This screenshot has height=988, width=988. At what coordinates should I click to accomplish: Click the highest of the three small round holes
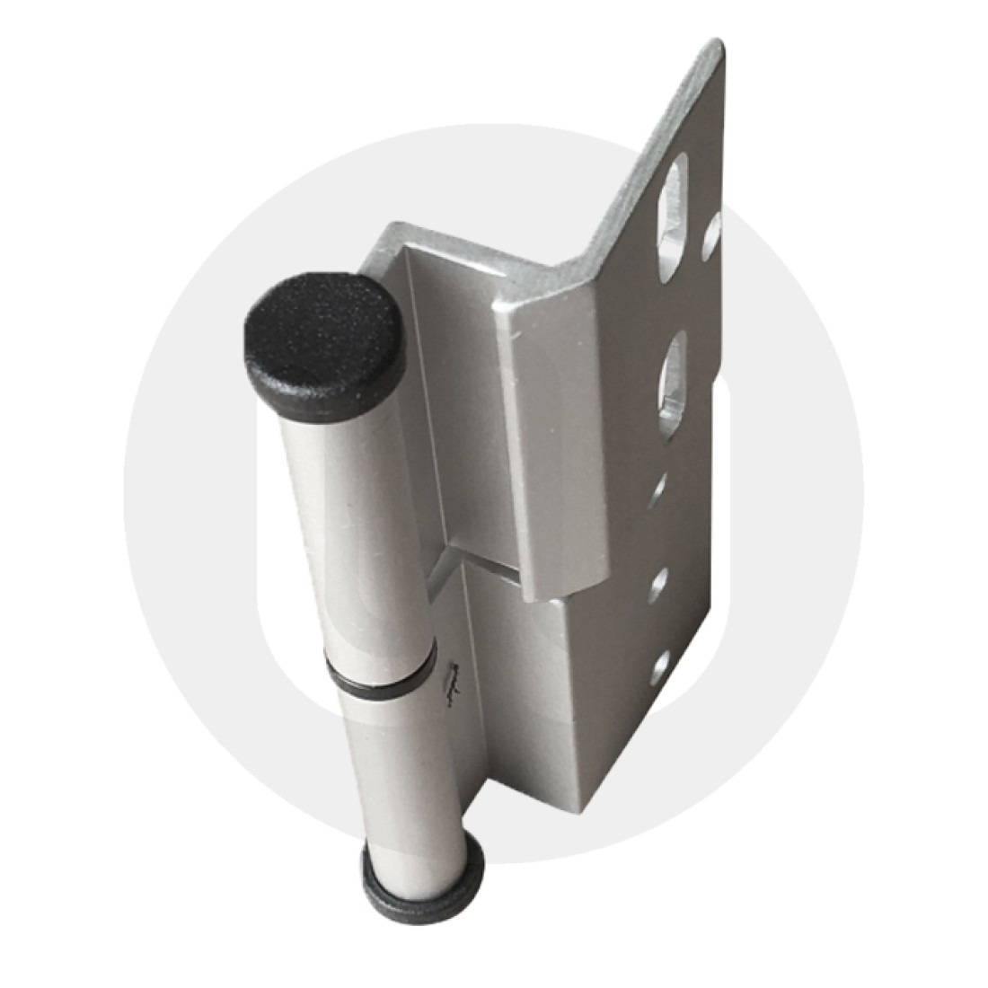pyautogui.click(x=662, y=490)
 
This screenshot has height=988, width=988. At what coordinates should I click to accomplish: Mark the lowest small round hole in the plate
pyautogui.click(x=662, y=666)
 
